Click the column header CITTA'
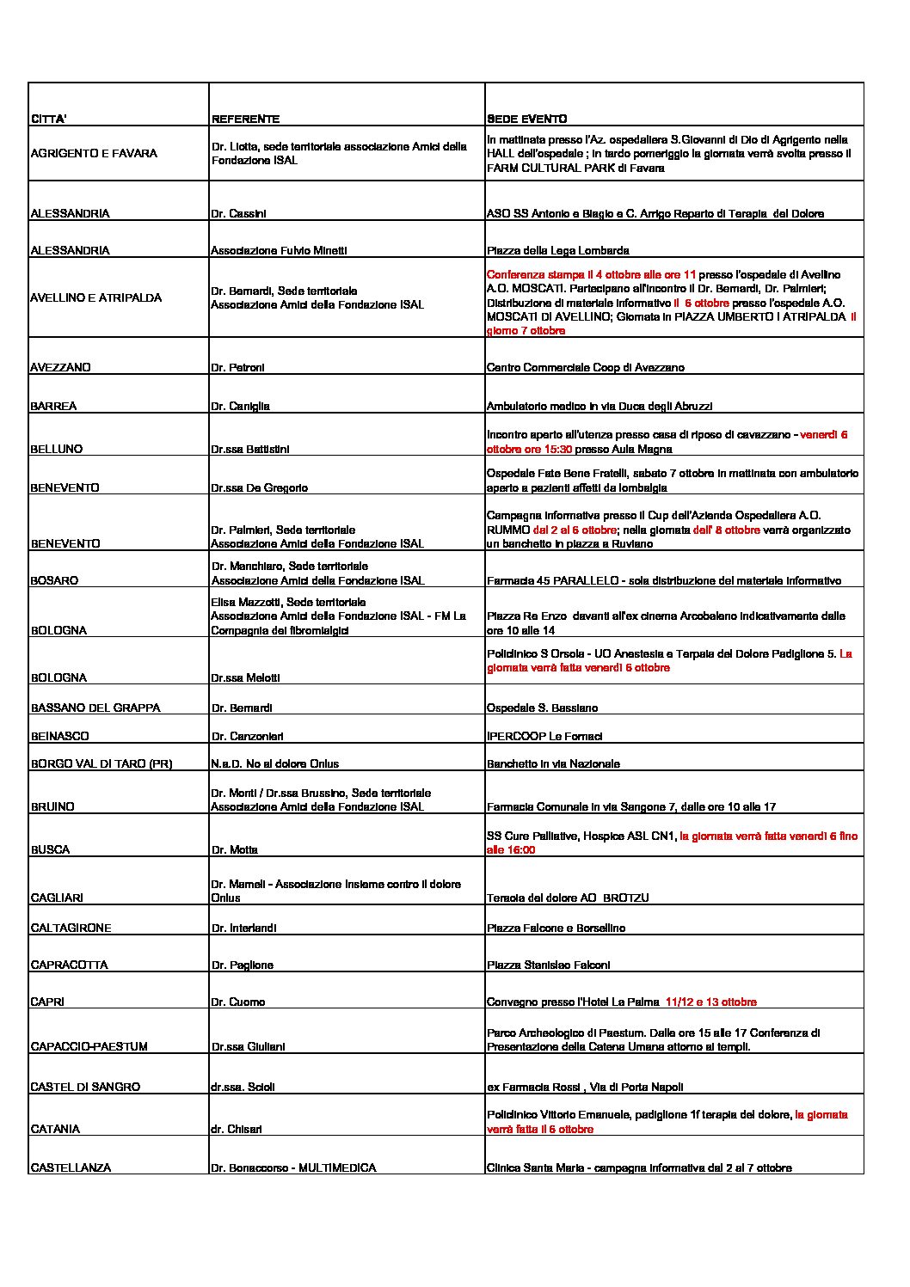49,119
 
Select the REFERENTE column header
245,119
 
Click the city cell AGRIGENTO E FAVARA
94,153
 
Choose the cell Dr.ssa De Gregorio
259,487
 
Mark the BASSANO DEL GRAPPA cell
95,708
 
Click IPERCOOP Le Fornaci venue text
544,736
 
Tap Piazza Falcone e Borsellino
556,928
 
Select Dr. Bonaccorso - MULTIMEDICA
293,1167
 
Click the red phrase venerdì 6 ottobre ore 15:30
667,441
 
